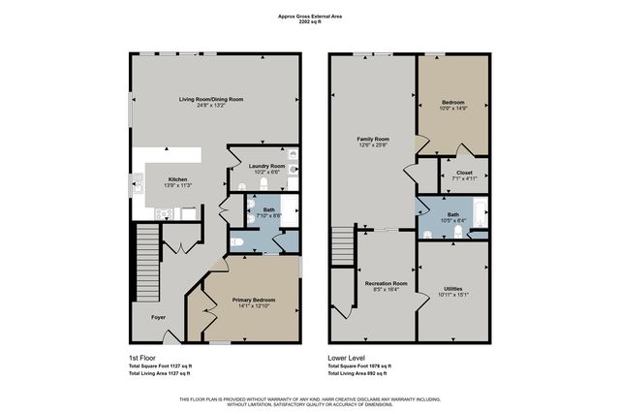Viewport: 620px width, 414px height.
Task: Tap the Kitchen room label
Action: pyautogui.click(x=177, y=179)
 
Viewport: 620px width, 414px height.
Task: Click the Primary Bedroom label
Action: pyautogui.click(x=253, y=301)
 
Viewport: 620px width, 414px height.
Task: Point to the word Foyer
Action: pyautogui.click(x=158, y=317)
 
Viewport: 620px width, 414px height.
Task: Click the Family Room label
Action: pyautogui.click(x=372, y=140)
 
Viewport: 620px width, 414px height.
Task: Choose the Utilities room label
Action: pyautogui.click(x=452, y=288)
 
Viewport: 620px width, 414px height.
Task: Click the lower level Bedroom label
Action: pyautogui.click(x=452, y=102)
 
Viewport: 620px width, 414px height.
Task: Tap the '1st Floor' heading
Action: pyautogui.click(x=142, y=357)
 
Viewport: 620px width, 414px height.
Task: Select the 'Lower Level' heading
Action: pyautogui.click(x=345, y=357)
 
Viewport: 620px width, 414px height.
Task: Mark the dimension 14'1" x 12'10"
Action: pyautogui.click(x=253, y=307)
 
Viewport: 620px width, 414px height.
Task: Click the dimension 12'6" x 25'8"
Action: pyautogui.click(x=372, y=146)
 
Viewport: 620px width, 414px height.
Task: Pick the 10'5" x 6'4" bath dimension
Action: pyautogui.click(x=452, y=220)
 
